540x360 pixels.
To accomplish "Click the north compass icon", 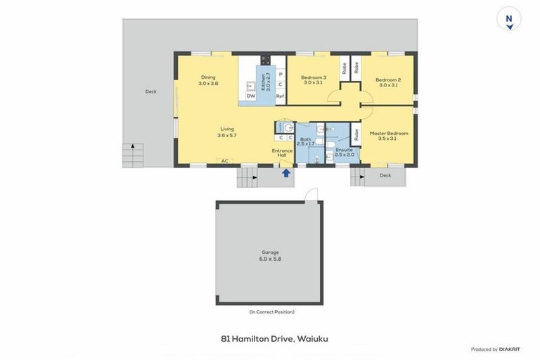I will click(509, 19).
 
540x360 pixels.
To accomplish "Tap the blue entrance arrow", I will click(286, 173).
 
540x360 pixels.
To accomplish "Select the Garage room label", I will click(270, 255).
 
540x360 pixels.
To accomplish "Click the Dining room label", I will click(208, 80).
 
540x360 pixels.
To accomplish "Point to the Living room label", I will click(227, 131).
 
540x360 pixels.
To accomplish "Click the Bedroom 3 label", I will click(313, 80).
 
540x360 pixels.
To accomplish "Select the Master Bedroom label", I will click(388, 136).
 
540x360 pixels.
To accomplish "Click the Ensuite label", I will click(345, 152).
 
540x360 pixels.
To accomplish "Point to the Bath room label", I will click(306, 141).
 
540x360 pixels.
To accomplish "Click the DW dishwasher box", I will click(250, 96).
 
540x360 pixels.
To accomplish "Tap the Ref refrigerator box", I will click(280, 96).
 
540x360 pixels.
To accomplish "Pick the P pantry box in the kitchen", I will click(280, 74).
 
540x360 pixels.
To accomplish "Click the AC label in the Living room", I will click(225, 161).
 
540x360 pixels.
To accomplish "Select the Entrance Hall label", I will click(282, 153).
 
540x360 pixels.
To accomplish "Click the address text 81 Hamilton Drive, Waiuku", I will click(274, 339).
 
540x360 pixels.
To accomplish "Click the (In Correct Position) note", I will click(271, 311).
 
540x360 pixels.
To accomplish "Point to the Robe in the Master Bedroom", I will click(356, 134).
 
